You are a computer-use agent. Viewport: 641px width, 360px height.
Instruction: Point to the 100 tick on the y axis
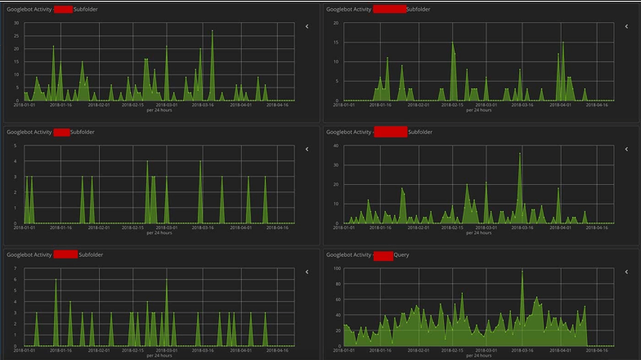pyautogui.click(x=337, y=268)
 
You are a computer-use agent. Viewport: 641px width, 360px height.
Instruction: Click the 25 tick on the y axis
pyautogui.click(x=16, y=35)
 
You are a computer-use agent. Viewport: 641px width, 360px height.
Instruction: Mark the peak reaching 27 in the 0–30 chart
pyautogui.click(x=212, y=32)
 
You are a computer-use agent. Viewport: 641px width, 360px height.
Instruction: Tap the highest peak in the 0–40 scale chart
pyautogui.click(x=519, y=154)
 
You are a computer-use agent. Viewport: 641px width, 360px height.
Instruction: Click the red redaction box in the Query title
pyautogui.click(x=383, y=255)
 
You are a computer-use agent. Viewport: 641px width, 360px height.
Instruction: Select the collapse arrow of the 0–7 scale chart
pyautogui.click(x=307, y=272)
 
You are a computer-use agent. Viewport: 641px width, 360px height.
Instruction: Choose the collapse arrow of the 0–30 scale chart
pyautogui.click(x=307, y=26)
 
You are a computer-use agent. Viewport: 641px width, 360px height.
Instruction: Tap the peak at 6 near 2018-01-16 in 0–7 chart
pyautogui.click(x=56, y=281)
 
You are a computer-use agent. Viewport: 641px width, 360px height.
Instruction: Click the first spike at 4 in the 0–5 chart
pyautogui.click(x=147, y=162)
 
